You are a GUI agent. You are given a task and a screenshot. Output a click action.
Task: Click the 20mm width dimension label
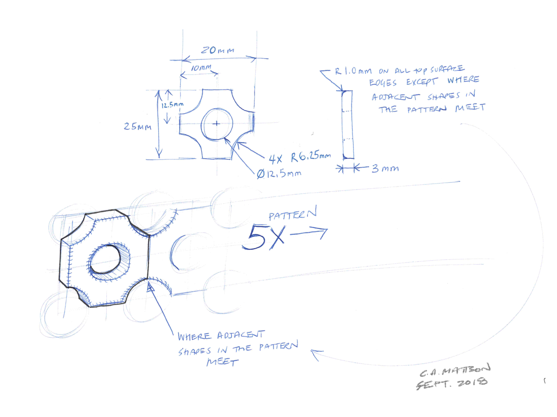218,50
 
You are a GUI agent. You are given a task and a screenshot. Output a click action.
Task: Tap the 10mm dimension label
201,68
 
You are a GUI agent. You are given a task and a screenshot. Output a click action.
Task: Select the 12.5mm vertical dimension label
172,105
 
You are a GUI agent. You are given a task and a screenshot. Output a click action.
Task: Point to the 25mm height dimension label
137,127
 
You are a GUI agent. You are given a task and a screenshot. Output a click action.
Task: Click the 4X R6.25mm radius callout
299,157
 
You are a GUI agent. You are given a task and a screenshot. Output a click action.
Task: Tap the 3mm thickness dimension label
385,169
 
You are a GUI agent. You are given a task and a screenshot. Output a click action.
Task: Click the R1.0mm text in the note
353,71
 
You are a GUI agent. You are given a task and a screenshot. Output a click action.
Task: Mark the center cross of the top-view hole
216,124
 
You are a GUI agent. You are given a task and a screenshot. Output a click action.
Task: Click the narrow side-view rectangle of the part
348,124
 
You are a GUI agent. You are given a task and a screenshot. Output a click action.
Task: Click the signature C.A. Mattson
455,370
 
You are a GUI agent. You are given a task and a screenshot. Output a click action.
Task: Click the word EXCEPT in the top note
421,82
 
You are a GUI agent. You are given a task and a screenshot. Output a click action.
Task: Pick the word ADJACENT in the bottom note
241,335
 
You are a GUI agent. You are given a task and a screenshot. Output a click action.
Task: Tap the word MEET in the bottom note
222,362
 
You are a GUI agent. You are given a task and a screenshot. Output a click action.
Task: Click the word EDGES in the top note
382,83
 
